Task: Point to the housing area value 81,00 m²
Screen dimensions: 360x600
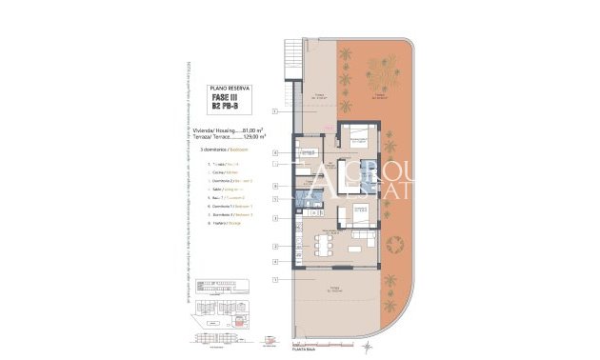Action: tap(252, 130)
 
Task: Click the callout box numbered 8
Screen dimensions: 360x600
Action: tap(275, 152)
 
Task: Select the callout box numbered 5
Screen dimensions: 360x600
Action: tap(275, 199)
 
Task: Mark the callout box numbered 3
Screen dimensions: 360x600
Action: tap(275, 218)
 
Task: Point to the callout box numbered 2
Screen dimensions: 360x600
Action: tap(275, 246)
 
